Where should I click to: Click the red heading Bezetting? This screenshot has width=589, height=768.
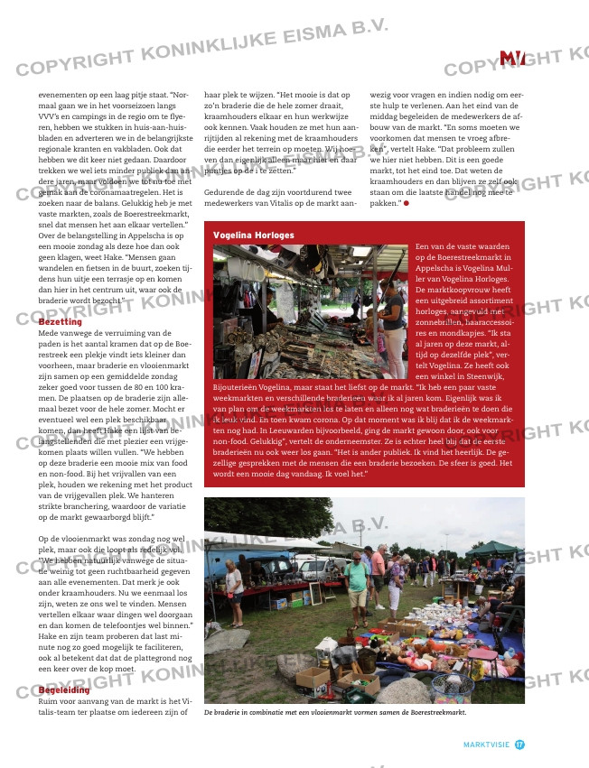coord(60,321)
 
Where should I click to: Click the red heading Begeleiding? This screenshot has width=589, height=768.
coord(64,690)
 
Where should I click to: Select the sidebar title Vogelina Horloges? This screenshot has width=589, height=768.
coord(253,235)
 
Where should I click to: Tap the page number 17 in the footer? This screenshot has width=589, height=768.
coord(519,745)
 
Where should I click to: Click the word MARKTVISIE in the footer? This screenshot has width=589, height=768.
coord(486,745)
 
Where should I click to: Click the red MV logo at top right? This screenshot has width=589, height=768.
coord(512,59)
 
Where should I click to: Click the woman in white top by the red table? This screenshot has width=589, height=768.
coord(235,587)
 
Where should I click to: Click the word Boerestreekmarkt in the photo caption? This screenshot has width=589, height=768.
coord(432,711)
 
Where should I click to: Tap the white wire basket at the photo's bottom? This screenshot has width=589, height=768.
coord(452,686)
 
